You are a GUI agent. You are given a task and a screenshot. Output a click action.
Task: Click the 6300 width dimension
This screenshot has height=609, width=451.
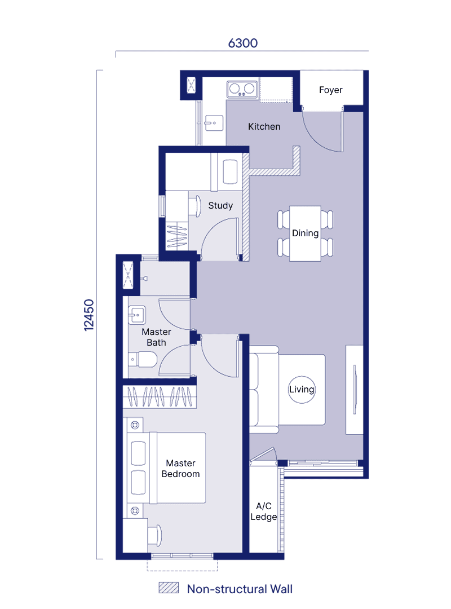(x=243, y=43)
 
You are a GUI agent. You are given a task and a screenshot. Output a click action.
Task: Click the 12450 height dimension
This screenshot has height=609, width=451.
(x=89, y=315)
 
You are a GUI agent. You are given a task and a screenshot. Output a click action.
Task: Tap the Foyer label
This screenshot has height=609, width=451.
(x=330, y=90)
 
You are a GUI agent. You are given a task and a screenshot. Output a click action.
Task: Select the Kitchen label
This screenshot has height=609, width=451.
(x=264, y=127)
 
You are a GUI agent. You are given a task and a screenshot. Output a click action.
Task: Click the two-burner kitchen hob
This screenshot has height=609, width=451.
(x=242, y=89)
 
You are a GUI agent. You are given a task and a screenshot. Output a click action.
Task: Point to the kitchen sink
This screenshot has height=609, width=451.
(x=213, y=123)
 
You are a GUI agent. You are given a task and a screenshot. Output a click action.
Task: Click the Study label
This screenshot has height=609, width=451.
(x=220, y=205)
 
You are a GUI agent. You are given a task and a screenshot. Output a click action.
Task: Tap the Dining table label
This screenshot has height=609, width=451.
(x=306, y=233)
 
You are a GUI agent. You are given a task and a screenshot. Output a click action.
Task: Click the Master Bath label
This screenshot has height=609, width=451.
(x=157, y=337)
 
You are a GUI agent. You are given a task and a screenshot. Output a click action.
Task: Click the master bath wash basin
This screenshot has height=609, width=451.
(x=137, y=315)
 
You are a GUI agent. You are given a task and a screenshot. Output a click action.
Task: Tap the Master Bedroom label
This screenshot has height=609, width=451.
(x=180, y=469)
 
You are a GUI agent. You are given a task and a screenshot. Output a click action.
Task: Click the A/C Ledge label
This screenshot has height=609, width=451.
(x=264, y=511)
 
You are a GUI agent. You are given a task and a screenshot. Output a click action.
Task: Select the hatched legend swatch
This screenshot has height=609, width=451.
(x=169, y=588)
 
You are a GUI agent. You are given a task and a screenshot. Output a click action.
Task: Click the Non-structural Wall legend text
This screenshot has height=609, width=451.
(x=240, y=589)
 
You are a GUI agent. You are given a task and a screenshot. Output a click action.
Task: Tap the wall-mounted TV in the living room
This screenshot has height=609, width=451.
(x=354, y=390)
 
